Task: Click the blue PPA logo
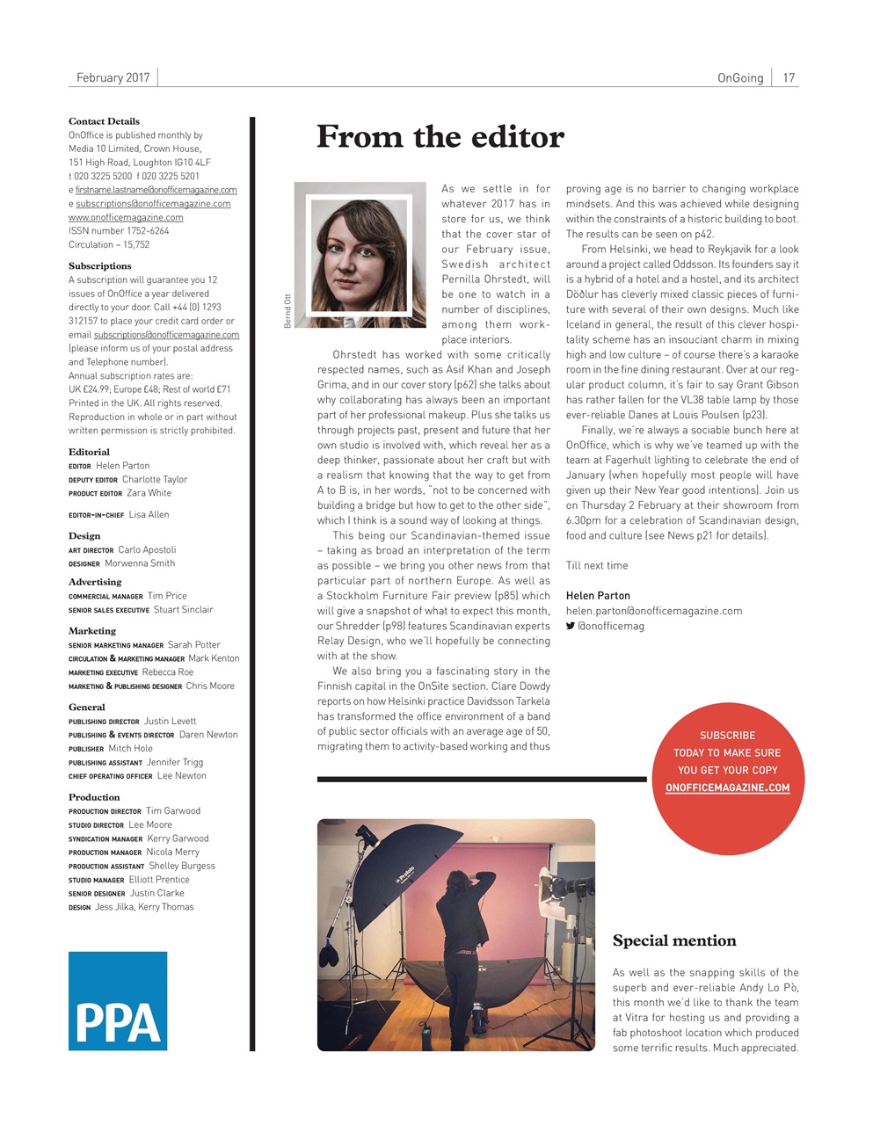click(x=118, y=1000)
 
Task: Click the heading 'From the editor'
click(x=440, y=137)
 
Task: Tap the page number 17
click(x=789, y=77)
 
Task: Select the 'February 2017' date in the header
click(x=113, y=77)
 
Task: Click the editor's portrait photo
click(x=360, y=255)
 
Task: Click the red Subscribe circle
click(x=727, y=761)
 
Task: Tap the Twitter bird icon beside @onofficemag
click(x=571, y=626)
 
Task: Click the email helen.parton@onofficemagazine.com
click(x=653, y=611)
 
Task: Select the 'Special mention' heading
click(x=674, y=940)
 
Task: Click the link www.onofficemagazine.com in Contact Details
click(x=126, y=217)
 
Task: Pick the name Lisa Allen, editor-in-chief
click(x=149, y=515)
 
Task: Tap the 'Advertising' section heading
click(x=95, y=582)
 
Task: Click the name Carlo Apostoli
click(x=147, y=550)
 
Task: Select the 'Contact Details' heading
click(x=104, y=121)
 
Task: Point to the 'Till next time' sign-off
click(x=597, y=565)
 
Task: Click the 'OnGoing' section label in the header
click(x=740, y=77)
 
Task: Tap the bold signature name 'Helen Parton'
click(x=598, y=596)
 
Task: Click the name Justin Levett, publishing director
click(x=170, y=722)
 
